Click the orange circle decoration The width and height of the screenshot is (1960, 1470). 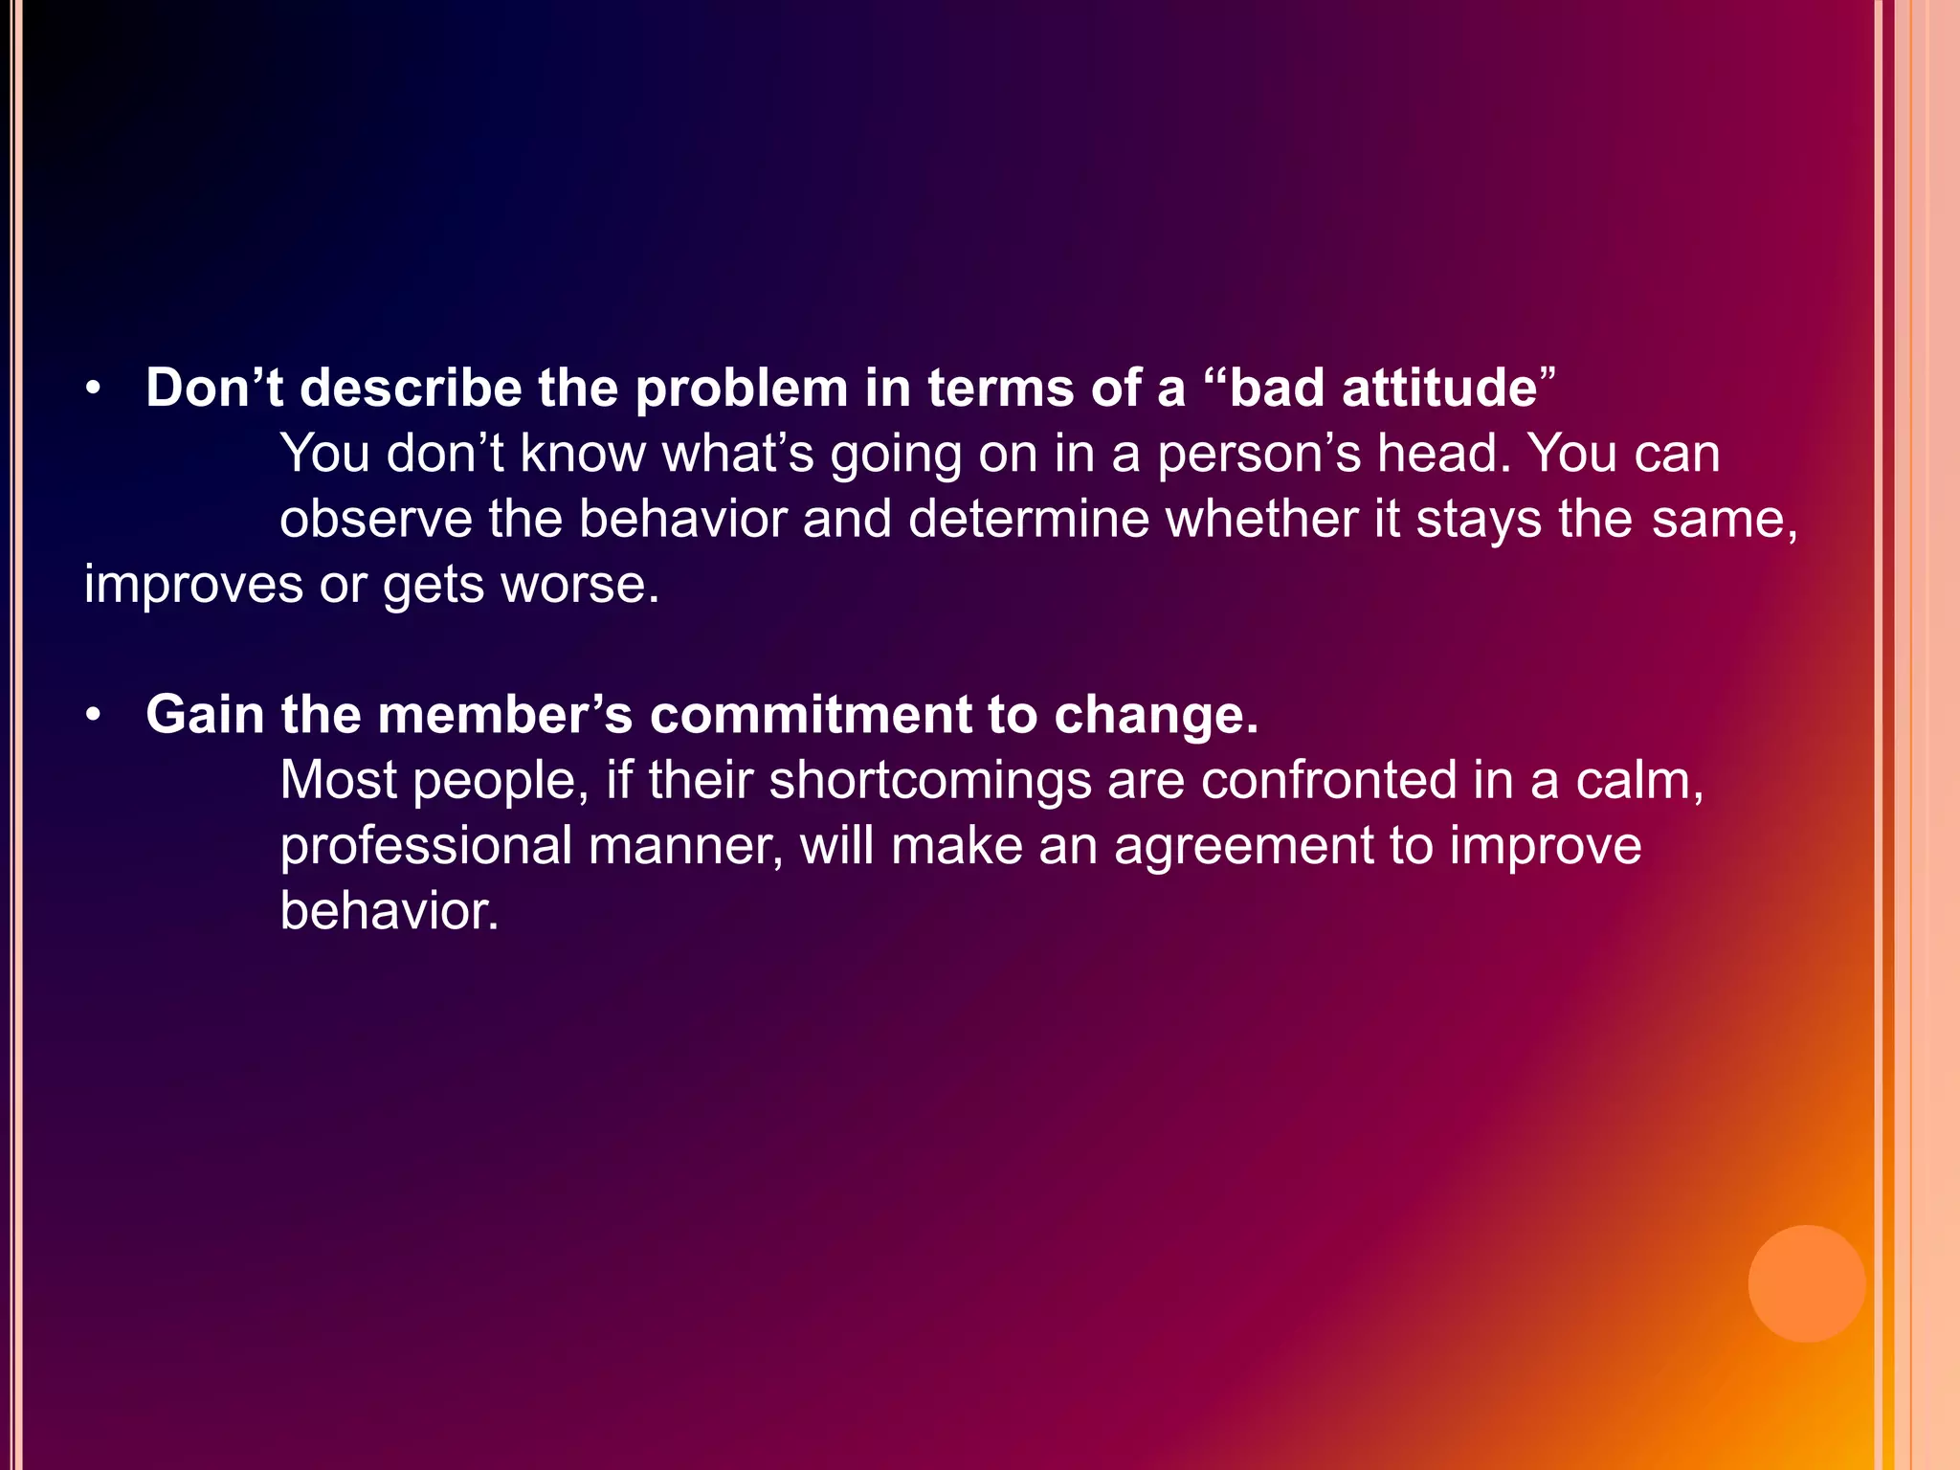coord(1806,1283)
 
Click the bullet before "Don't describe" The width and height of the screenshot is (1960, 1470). coord(93,390)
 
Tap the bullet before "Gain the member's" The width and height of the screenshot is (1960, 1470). coord(93,716)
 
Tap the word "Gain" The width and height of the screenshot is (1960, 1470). coord(205,715)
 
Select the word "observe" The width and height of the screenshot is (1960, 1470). coord(376,519)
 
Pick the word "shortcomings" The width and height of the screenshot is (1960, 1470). coord(930,781)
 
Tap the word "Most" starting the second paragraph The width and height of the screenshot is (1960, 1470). coord(338,781)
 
